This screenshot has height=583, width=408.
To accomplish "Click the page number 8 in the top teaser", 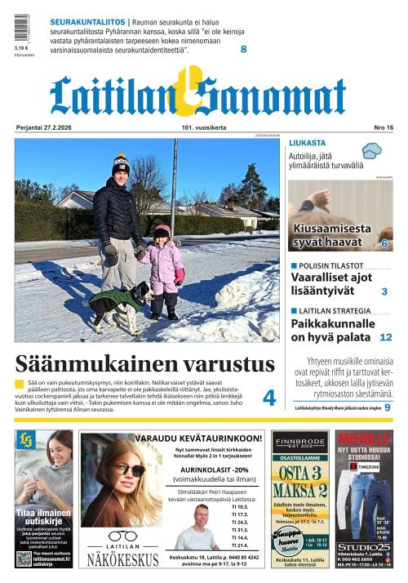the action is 243,49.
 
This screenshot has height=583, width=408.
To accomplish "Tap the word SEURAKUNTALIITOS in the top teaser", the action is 87,21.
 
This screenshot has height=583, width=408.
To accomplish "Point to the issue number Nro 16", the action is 383,127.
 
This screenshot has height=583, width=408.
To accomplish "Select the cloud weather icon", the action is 373,150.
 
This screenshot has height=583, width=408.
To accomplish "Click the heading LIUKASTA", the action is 307,143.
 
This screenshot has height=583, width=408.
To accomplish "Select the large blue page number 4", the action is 268,398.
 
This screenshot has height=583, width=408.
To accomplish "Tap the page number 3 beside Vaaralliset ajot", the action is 384,291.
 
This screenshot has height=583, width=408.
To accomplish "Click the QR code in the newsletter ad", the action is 24,558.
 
